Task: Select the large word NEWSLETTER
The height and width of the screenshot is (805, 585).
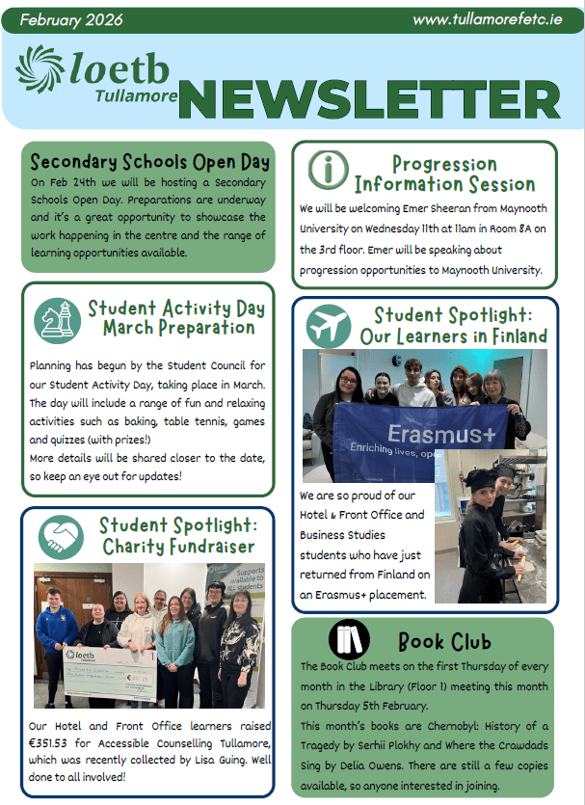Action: [368, 98]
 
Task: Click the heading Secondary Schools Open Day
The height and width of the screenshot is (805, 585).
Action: [149, 161]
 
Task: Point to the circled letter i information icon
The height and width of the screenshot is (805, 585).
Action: [328, 171]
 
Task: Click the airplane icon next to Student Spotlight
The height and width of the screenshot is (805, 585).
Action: [328, 325]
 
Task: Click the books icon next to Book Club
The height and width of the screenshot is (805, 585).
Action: [349, 639]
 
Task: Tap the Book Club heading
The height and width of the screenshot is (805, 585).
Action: [444, 641]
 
